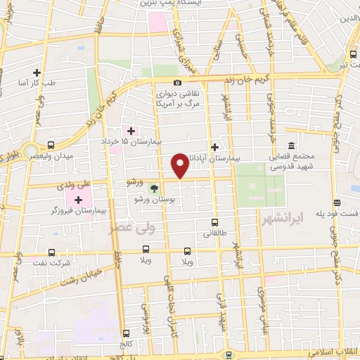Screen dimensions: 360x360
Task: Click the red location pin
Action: (180, 165)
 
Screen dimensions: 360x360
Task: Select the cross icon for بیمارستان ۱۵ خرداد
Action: (130, 131)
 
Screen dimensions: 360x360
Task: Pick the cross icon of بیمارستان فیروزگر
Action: (88, 199)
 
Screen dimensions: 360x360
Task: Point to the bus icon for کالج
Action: (126, 333)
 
